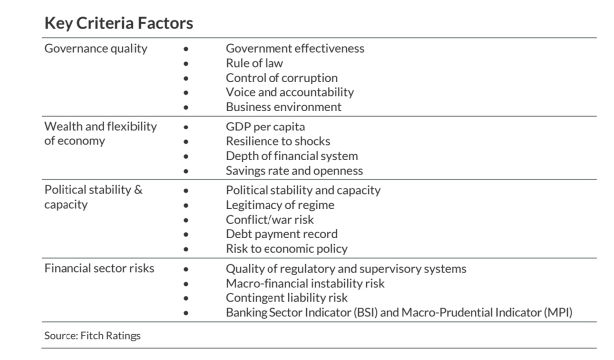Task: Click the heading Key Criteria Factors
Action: tap(119, 23)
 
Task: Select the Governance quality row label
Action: tap(96, 48)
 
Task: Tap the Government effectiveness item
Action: tap(295, 48)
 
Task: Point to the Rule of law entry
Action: tap(254, 63)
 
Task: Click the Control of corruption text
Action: tap(281, 78)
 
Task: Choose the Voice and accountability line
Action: tap(289, 92)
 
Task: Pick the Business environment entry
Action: tap(284, 107)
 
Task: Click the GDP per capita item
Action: tap(265, 127)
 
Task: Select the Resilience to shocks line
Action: tap(278, 141)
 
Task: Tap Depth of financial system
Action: tap(291, 156)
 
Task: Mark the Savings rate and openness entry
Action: tap(294, 171)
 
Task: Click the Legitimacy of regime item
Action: tap(280, 205)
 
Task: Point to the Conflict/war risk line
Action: tap(270, 219)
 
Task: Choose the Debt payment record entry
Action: tap(281, 234)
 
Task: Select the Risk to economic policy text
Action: tap(286, 249)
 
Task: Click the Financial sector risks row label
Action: tap(99, 268)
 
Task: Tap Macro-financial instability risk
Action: tap(305, 284)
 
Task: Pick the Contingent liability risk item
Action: tap(287, 298)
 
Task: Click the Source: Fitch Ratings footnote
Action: tap(92, 336)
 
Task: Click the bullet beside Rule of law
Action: tap(186, 64)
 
